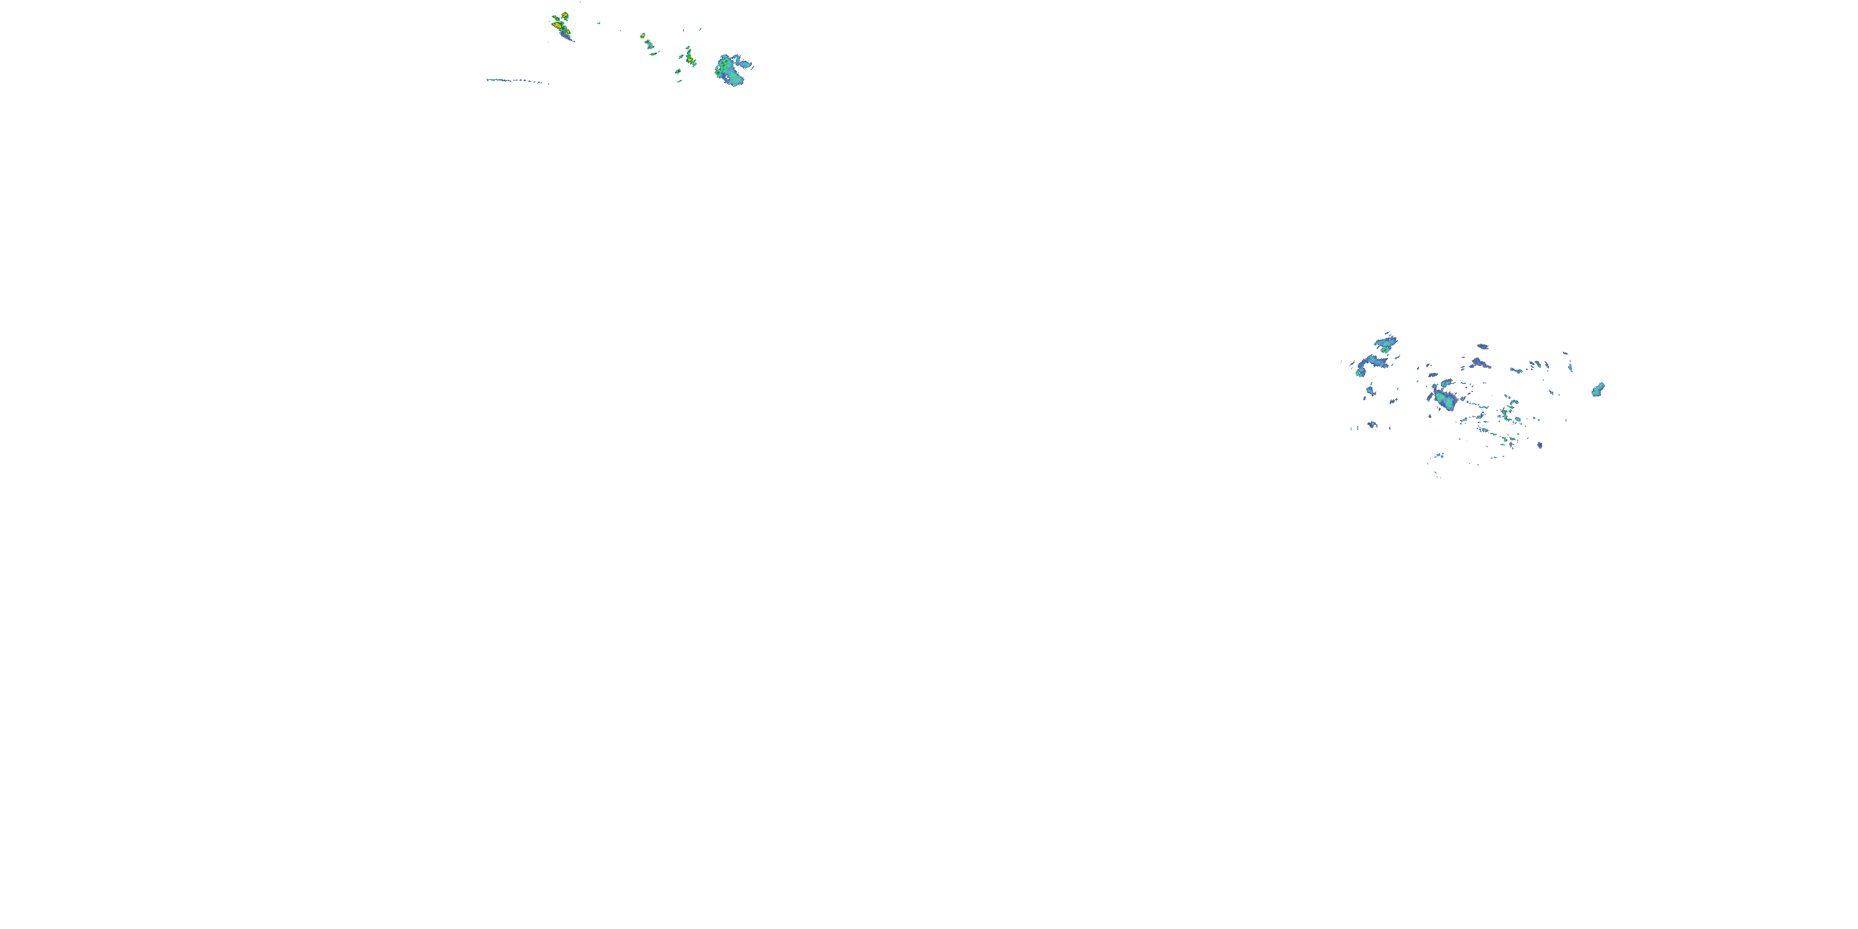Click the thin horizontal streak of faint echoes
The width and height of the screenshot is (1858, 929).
tap(517, 81)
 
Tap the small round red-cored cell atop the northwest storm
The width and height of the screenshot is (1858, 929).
tap(564, 15)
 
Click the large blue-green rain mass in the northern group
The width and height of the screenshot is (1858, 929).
tap(733, 70)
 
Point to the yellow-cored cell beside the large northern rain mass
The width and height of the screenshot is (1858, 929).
tap(689, 58)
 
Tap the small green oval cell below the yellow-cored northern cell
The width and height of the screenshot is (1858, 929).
tap(679, 71)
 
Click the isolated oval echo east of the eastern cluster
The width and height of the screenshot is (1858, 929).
tap(1598, 390)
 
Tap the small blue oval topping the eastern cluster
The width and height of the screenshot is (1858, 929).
tap(1483, 346)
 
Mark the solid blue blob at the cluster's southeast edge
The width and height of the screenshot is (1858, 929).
tap(1540, 445)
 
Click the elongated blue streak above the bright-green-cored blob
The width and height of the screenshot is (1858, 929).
tap(1385, 338)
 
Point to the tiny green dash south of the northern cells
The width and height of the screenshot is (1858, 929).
tap(679, 81)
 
